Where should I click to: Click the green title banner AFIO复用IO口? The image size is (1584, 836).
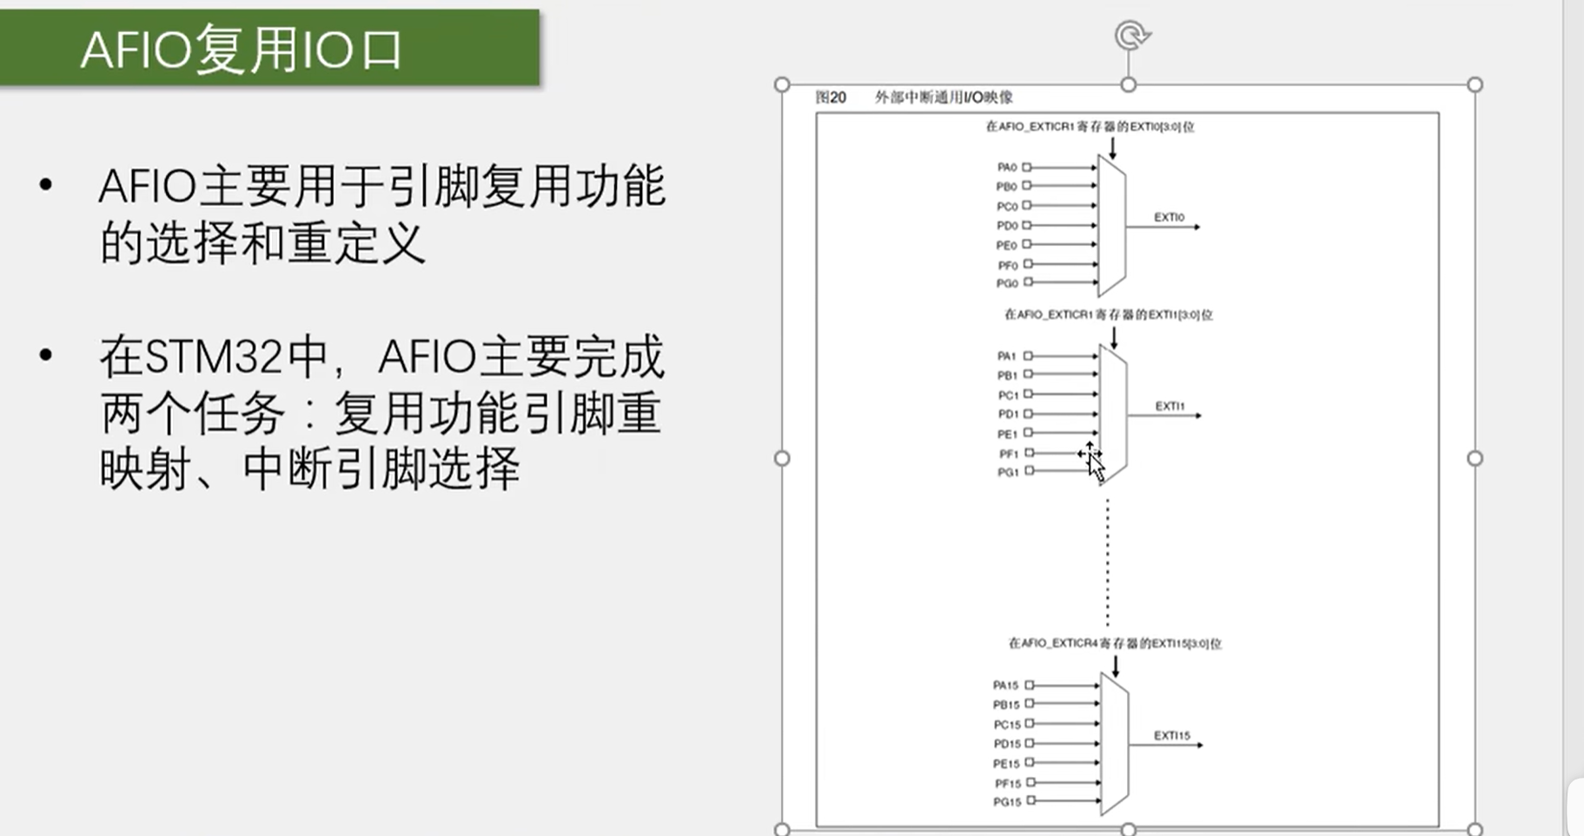(269, 48)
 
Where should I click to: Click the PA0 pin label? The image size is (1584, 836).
(1006, 167)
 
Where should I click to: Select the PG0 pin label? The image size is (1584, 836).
(1006, 283)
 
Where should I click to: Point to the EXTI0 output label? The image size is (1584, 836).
(1169, 217)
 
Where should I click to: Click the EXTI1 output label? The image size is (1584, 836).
(1170, 406)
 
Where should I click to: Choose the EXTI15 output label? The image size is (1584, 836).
(1171, 735)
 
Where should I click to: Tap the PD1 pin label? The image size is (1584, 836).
(1007, 415)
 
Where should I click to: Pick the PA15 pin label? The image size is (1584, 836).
(1005, 686)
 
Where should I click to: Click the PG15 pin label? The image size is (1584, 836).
(1006, 802)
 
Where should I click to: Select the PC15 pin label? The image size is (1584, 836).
(1006, 725)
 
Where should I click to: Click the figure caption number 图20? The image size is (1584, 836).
(831, 97)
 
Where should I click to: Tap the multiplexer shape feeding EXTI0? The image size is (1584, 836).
(1111, 226)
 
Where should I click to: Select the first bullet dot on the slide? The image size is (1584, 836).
(46, 184)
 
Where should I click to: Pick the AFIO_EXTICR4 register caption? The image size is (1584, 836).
(1114, 644)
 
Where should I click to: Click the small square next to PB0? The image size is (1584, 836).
(1027, 186)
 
